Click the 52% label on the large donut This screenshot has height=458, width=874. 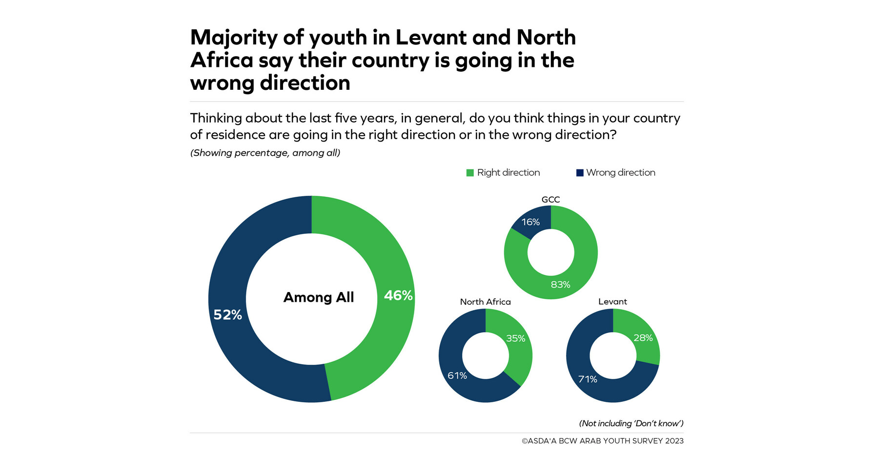click(227, 315)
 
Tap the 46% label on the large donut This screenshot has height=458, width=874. click(398, 295)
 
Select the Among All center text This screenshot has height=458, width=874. click(318, 297)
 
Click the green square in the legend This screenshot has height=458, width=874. click(470, 173)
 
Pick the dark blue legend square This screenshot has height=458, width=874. click(580, 173)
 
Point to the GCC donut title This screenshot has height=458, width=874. click(550, 199)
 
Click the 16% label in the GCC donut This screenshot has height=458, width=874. click(530, 222)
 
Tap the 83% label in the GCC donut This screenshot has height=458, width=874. click(560, 285)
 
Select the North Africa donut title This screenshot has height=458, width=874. click(485, 302)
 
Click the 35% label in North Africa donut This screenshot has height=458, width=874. click(515, 338)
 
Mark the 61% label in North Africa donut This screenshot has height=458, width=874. click(457, 375)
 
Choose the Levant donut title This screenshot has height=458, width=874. click(612, 302)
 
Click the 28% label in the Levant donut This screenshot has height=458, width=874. click(643, 338)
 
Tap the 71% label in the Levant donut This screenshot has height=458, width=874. click(588, 379)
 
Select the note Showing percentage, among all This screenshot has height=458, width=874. click(265, 153)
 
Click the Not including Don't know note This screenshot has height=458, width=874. click(631, 423)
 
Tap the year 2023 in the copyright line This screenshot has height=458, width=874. click(674, 441)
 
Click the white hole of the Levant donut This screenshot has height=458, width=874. click(613, 355)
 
